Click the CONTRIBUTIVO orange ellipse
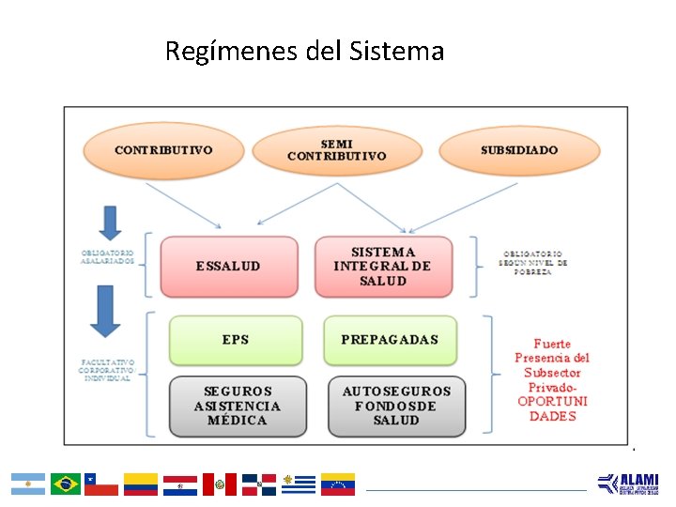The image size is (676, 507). click(163, 150)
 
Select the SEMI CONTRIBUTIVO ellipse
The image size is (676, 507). click(336, 150)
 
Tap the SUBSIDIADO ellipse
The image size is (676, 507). click(518, 150)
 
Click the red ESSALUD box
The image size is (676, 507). click(228, 266)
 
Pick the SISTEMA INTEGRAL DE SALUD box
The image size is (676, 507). click(383, 266)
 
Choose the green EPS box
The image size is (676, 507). click(236, 340)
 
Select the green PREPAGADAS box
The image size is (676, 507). click(390, 340)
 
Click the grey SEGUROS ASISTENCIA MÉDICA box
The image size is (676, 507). click(238, 406)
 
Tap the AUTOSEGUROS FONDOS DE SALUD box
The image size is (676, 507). click(396, 406)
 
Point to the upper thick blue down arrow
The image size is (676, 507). click(111, 223)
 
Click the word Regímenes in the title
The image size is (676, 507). click(232, 51)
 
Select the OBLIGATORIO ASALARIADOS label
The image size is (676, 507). click(107, 257)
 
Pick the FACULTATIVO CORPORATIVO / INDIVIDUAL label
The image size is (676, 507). click(107, 370)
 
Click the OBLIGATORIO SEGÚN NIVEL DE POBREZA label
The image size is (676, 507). click(534, 262)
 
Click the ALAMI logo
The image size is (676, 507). click(628, 484)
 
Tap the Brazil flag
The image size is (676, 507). click(66, 484)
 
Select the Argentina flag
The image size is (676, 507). click(28, 484)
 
